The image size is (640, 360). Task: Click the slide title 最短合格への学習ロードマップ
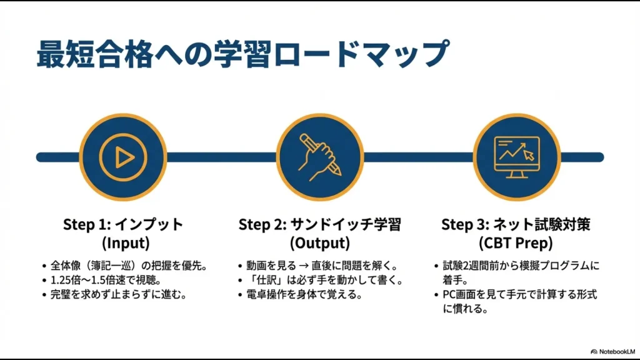242,54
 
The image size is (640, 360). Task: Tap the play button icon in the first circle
123,156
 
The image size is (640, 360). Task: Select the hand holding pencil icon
320,156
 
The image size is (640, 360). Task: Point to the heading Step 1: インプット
123,224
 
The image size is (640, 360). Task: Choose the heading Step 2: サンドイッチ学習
319,224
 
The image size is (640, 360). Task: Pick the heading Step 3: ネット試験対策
516,224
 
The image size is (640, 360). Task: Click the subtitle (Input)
123,242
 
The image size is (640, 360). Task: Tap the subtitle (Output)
319,242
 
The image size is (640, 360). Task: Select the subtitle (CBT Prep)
516,242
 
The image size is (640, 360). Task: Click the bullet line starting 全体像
127,266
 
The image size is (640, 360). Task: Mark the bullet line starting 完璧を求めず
119,294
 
